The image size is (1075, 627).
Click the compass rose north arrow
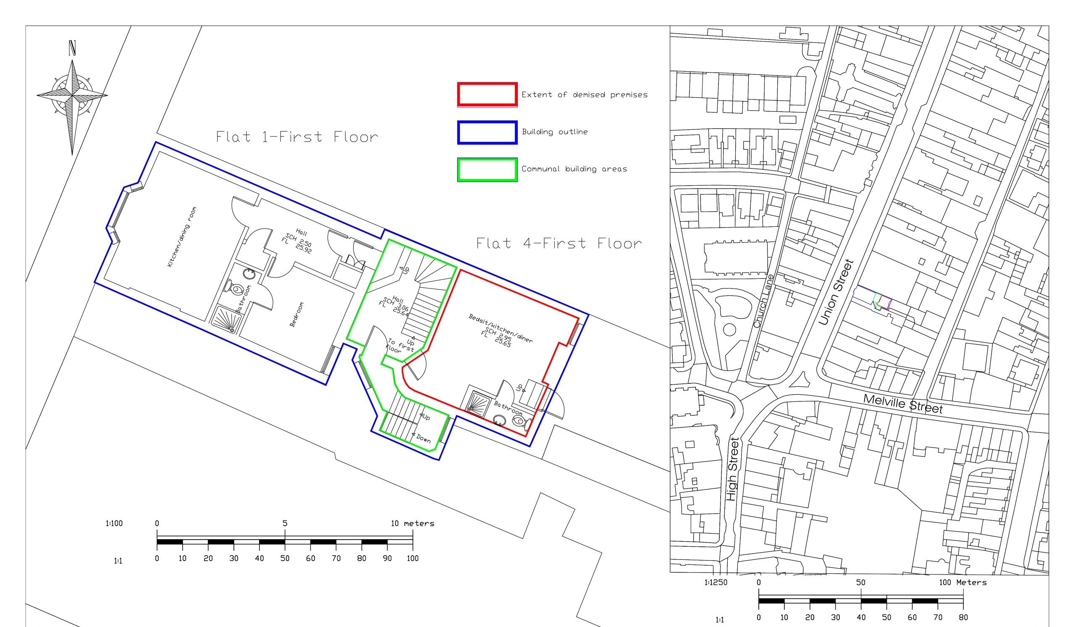[x=72, y=98]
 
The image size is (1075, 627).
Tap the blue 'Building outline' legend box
[x=487, y=133]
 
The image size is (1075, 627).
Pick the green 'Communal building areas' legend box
[x=487, y=170]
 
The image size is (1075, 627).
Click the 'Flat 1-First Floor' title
[x=297, y=137]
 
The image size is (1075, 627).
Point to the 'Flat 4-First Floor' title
[x=559, y=244]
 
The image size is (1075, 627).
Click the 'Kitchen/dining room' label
[x=182, y=237]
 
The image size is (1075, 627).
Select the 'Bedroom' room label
[x=297, y=315]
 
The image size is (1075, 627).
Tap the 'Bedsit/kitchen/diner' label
[x=501, y=329]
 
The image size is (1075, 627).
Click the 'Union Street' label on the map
[x=836, y=292]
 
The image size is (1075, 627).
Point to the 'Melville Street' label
[x=903, y=404]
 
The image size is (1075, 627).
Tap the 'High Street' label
[x=732, y=469]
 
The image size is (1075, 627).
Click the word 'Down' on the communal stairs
[x=423, y=438]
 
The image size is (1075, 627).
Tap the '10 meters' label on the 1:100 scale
[x=413, y=523]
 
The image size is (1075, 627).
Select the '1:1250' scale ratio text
[x=716, y=582]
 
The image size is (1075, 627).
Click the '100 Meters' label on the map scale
[x=963, y=582]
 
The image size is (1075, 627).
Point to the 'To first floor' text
[x=400, y=346]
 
